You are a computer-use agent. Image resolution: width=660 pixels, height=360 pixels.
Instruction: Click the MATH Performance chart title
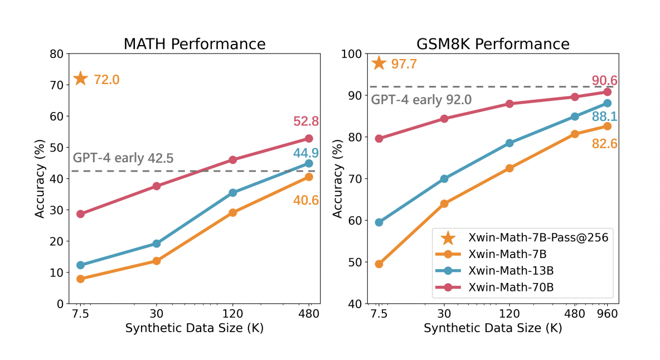pos(194,44)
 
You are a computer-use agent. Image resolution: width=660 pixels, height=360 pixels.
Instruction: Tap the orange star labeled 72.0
pos(81,79)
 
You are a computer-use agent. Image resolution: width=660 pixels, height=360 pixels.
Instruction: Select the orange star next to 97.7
pos(379,63)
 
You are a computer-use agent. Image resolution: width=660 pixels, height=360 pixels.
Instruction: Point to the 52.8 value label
pos(305,121)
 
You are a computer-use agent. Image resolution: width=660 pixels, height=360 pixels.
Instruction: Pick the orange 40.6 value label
pos(305,200)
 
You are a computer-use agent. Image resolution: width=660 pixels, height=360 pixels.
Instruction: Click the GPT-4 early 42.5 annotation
pos(123,158)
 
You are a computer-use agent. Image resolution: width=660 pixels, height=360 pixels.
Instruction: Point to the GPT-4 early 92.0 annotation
pos(421,100)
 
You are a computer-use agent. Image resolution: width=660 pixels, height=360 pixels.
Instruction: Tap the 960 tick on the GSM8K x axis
pos(607,314)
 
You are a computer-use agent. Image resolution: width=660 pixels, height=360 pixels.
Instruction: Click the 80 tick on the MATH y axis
pos(56,54)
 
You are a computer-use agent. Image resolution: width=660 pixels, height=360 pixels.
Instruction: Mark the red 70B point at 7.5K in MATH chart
pos(81,214)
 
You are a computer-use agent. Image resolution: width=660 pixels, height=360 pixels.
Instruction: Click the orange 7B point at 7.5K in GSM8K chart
pos(379,264)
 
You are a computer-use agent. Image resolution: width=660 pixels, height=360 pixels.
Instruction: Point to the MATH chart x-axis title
pos(194,328)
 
